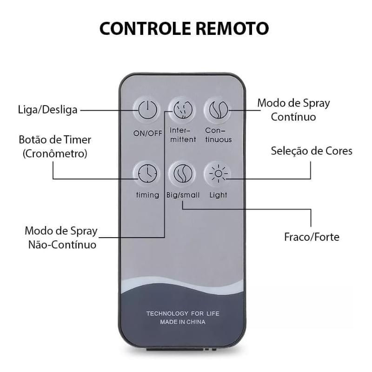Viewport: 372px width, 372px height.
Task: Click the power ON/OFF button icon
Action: [147, 110]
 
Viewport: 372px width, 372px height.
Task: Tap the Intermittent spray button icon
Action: [183, 110]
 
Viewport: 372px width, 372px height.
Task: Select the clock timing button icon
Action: [147, 173]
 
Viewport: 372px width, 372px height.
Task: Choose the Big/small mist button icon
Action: [183, 173]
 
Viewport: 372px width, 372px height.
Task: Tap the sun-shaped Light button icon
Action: [218, 173]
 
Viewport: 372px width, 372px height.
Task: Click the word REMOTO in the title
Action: [232, 29]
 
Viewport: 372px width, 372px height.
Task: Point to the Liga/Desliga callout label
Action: [48, 110]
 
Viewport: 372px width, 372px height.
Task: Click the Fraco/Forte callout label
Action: [312, 237]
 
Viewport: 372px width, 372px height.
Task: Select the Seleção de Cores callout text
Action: [312, 151]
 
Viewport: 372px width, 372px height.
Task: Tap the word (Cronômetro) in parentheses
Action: [55, 153]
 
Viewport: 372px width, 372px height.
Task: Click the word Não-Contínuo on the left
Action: [62, 245]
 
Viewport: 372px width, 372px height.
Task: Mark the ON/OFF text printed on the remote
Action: [147, 133]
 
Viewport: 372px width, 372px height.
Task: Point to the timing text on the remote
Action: [147, 195]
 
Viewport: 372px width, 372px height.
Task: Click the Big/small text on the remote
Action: [183, 195]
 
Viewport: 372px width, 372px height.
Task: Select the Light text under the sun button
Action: [218, 195]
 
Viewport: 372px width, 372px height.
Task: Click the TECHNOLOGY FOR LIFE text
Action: [183, 313]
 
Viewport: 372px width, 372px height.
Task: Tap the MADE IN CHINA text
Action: [183, 322]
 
